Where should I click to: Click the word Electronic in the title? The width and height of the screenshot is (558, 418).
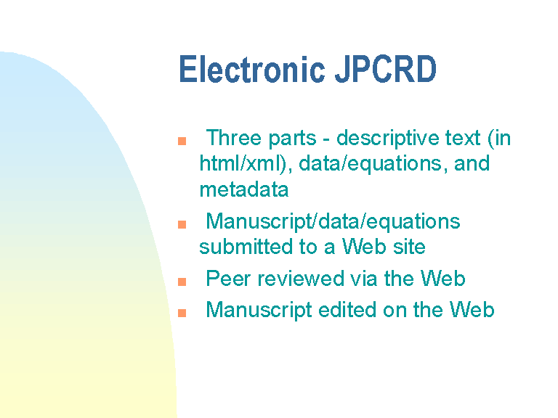pos(252,69)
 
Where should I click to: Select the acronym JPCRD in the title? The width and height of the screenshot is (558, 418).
pos(386,69)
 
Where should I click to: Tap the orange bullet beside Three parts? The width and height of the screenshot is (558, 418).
pos(182,141)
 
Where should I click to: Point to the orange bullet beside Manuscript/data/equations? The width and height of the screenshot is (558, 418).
pos(182,225)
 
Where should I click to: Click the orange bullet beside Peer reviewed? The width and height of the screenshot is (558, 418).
pos(182,282)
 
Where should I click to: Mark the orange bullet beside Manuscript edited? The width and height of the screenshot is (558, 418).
pos(182,313)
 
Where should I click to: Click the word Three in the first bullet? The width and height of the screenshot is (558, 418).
pos(234,138)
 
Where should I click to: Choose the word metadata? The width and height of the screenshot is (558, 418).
pos(244,189)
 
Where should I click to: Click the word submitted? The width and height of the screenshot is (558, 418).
pos(246,247)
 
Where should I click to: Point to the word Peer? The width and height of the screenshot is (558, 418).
pos(228,279)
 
